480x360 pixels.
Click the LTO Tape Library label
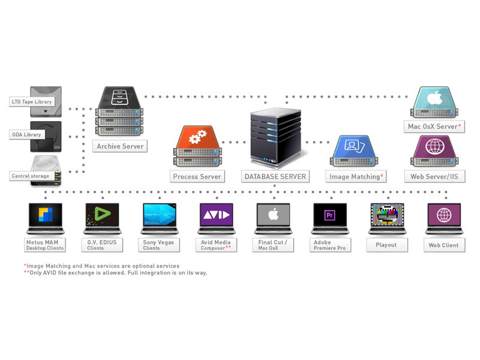(x=32, y=101)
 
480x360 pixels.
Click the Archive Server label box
(x=120, y=146)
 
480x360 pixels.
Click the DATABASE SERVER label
(x=275, y=176)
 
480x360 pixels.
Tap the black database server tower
(x=275, y=137)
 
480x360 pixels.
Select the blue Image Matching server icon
(x=353, y=150)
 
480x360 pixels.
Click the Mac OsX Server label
(x=434, y=126)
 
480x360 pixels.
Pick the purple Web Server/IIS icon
(x=434, y=149)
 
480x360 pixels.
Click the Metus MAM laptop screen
(x=46, y=215)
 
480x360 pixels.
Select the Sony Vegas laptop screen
(x=159, y=215)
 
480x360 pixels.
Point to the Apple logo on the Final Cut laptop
(x=273, y=215)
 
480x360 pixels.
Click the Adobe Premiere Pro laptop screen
(x=330, y=215)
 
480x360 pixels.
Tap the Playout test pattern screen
(x=387, y=215)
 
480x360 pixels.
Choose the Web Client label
(x=443, y=245)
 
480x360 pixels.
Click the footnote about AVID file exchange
(x=115, y=272)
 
